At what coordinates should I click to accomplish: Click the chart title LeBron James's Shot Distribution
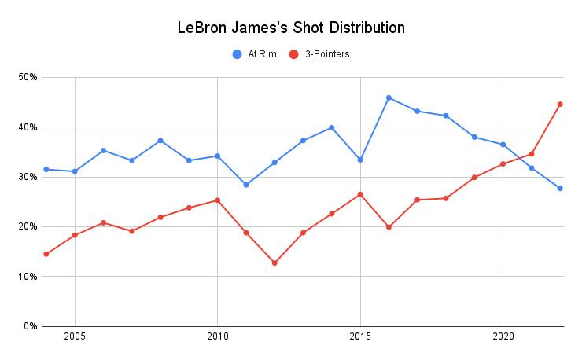pos(291,28)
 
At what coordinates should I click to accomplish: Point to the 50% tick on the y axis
pos(28,77)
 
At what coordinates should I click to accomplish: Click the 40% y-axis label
pos(28,127)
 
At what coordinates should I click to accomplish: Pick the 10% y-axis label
pos(28,276)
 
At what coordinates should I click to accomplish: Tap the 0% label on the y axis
pos(31,325)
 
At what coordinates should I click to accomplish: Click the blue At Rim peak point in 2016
pos(389,97)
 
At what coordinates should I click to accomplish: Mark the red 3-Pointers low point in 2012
pos(274,263)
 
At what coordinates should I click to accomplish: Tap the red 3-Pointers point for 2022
pos(560,104)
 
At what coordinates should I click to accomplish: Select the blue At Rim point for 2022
pos(560,188)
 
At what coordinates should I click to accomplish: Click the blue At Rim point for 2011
pos(246,185)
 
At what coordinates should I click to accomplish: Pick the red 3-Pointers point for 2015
pos(360,194)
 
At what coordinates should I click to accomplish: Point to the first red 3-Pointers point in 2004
pos(46,254)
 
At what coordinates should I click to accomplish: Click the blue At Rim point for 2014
pos(332,127)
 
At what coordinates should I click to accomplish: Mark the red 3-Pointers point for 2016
pos(389,227)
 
